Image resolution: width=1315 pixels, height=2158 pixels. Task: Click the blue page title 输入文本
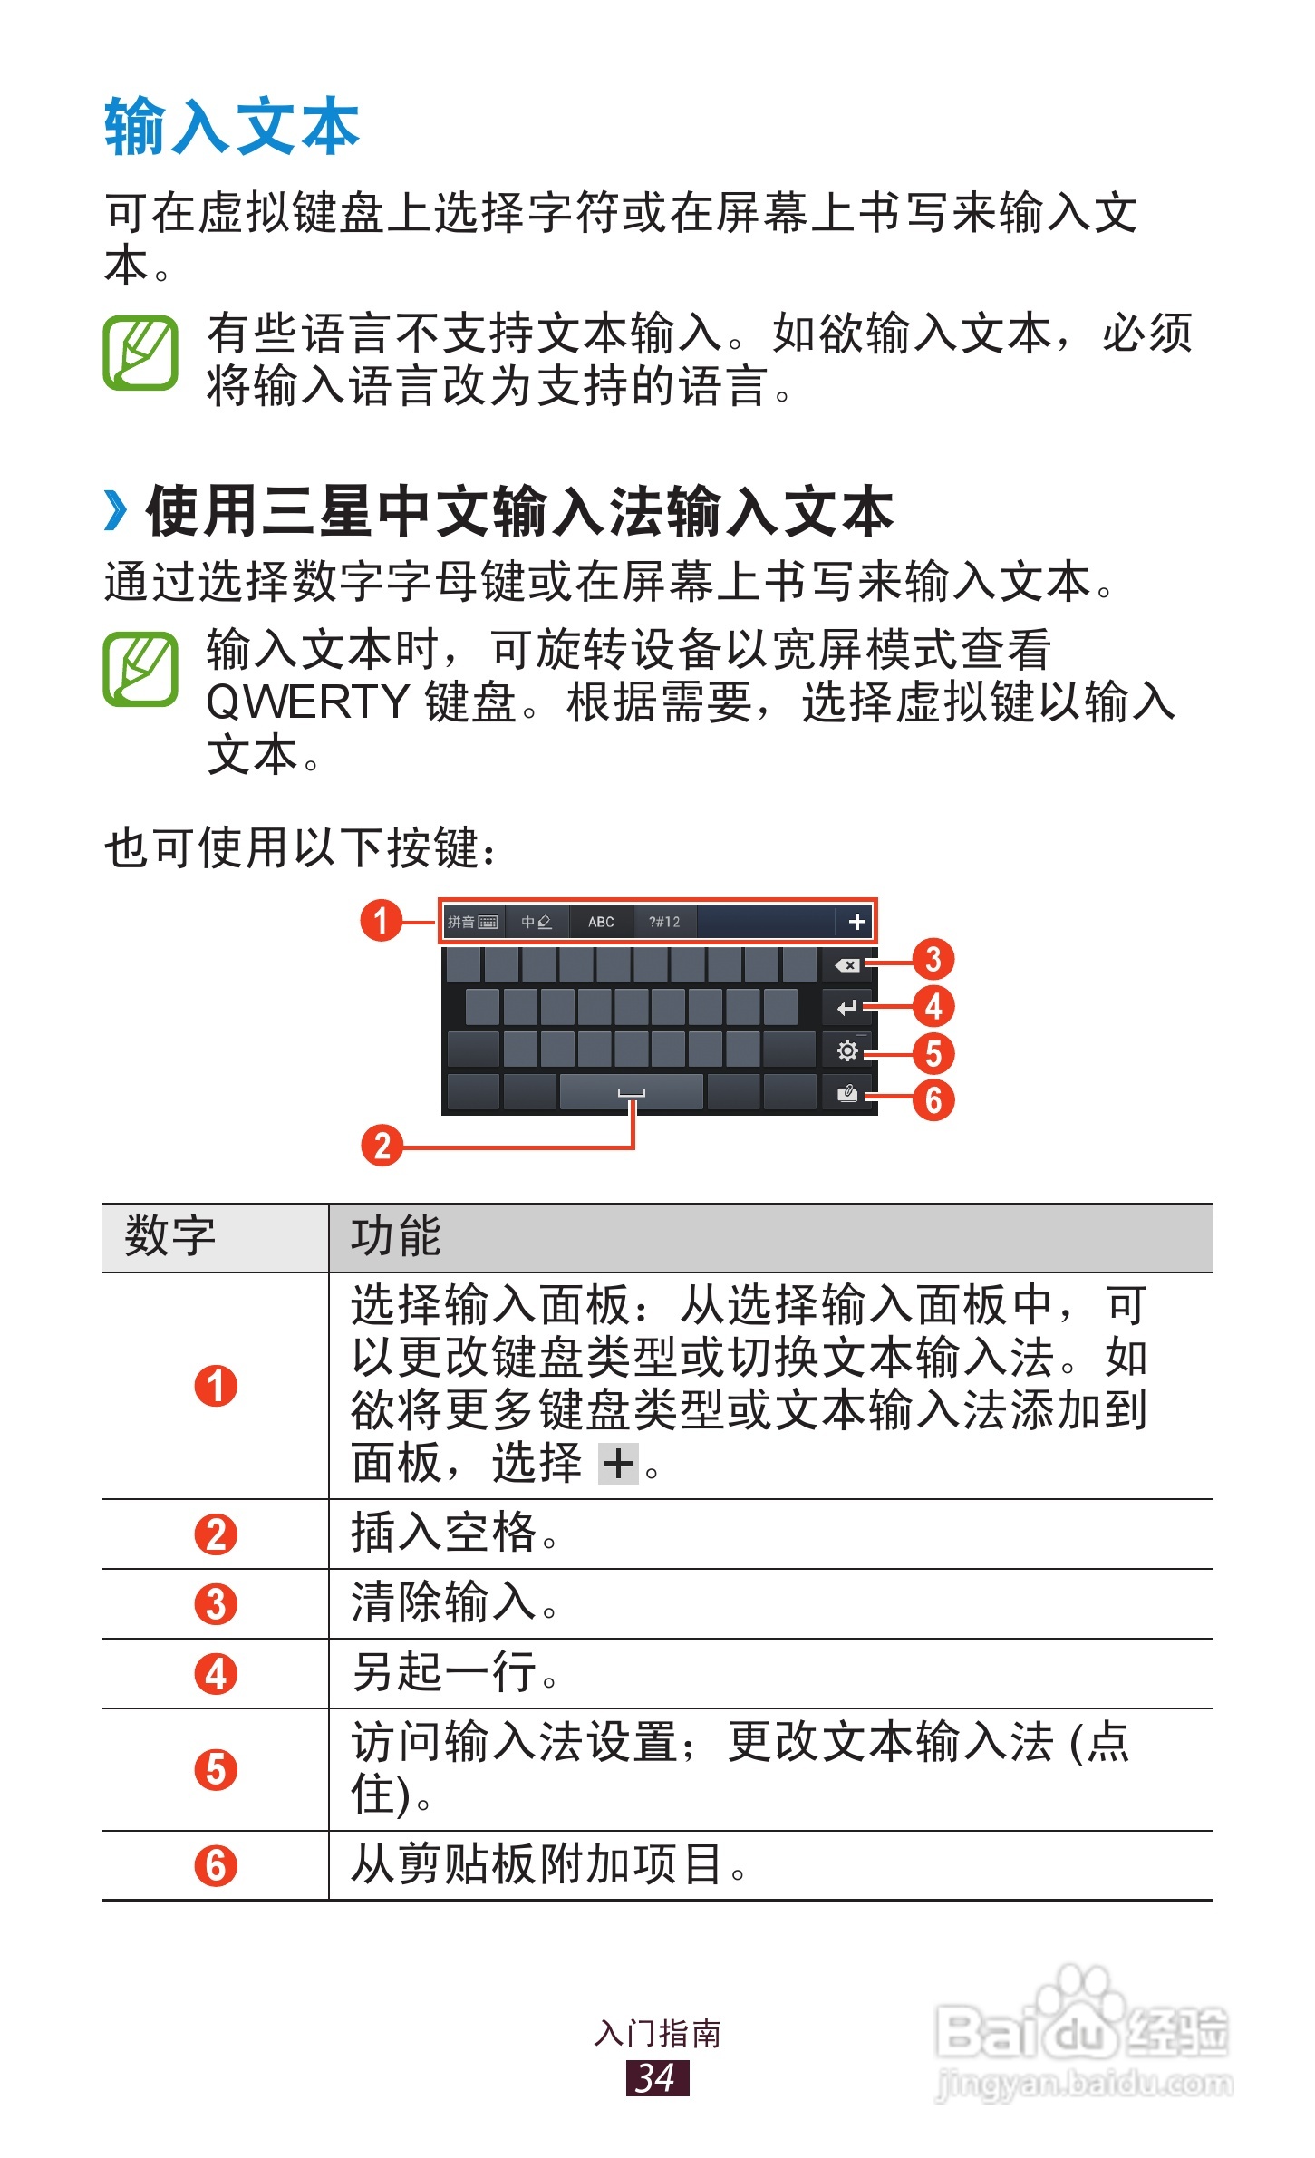[x=232, y=127]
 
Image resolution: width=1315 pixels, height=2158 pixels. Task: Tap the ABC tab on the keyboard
[x=601, y=922]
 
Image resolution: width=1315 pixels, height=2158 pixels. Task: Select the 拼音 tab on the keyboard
[x=472, y=922]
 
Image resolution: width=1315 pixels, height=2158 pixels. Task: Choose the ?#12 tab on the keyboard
[x=664, y=922]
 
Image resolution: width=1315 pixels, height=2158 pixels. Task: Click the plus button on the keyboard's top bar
[x=856, y=922]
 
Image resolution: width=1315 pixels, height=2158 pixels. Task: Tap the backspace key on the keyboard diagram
[x=846, y=965]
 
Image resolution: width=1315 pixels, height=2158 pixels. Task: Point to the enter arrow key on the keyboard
[x=846, y=1008]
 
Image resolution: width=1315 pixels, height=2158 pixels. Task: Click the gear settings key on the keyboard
[x=846, y=1050]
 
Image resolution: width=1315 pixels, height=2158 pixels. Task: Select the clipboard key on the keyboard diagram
[x=846, y=1093]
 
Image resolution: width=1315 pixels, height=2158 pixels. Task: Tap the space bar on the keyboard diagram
[x=631, y=1092]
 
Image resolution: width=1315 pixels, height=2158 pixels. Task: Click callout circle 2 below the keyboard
[x=382, y=1146]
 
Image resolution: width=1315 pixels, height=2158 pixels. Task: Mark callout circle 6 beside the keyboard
[x=933, y=1100]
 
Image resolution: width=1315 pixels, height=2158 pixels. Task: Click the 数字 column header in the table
[x=170, y=1236]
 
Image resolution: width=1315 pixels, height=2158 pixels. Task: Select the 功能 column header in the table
[x=396, y=1236]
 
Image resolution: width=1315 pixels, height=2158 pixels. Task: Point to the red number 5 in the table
[x=216, y=1769]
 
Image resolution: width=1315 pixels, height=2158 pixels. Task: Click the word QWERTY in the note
[x=308, y=702]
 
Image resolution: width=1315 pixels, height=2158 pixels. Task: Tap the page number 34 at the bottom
[x=657, y=2077]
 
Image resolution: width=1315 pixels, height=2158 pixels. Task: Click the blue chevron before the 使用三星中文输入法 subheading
[x=116, y=510]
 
